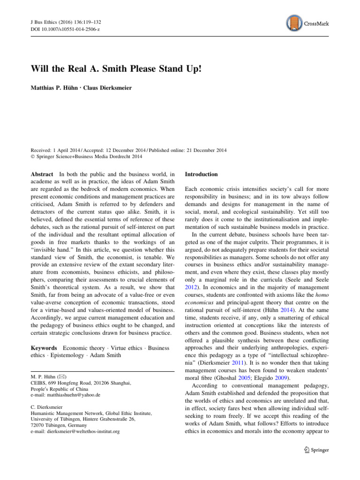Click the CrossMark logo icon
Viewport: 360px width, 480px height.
click(x=292, y=22)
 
